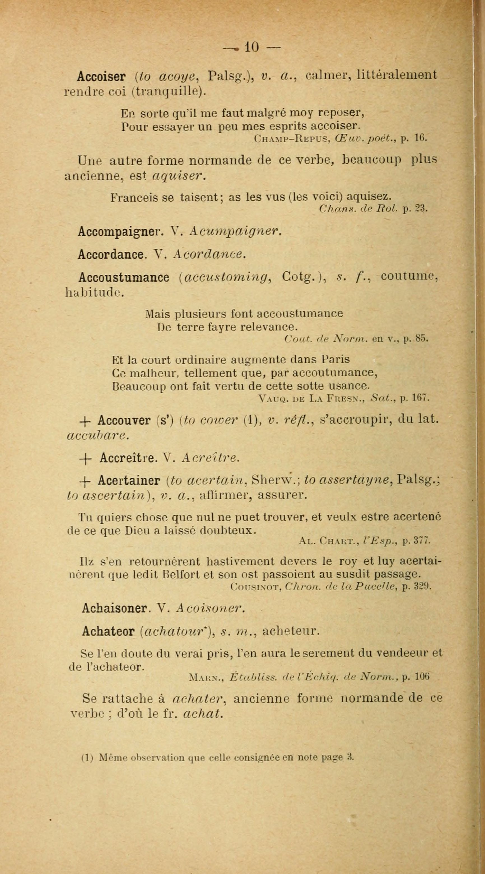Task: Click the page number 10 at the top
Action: (252, 47)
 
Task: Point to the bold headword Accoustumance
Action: (124, 277)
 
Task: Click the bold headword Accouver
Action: (124, 421)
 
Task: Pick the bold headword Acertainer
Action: (129, 481)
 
